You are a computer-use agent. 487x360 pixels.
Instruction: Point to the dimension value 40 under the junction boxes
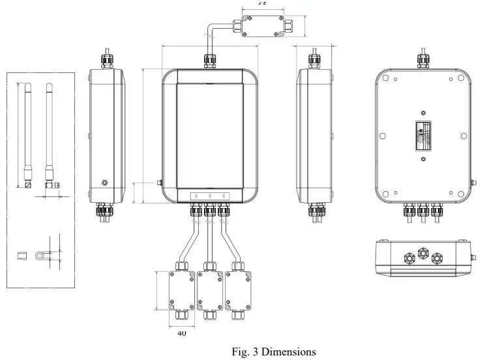[x=181, y=333]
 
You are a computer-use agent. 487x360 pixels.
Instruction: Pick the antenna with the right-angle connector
[x=49, y=137]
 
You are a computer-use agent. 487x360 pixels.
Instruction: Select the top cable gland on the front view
[x=210, y=61]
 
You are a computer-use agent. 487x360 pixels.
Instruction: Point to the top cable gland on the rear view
[x=421, y=61]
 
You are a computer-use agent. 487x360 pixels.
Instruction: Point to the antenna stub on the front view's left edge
[x=158, y=184]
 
